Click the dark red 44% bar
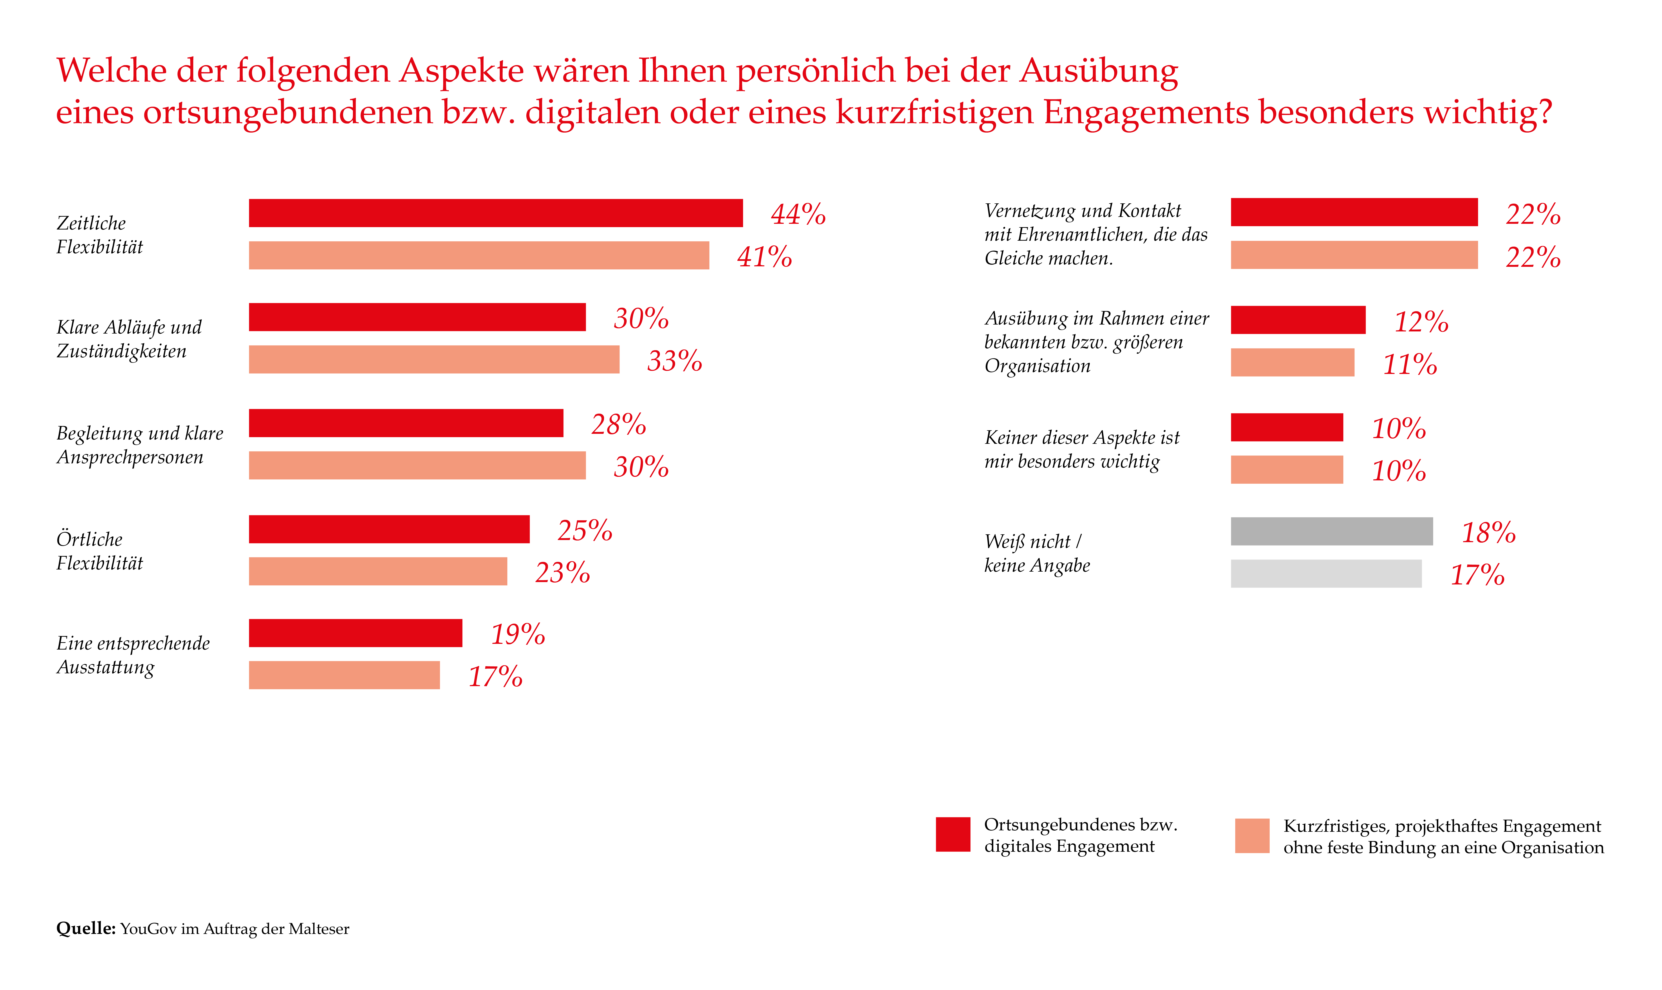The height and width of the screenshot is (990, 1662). pos(496,213)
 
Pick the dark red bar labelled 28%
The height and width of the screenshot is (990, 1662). pos(406,423)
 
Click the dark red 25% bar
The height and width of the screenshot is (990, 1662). pos(389,529)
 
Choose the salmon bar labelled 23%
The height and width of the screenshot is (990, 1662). pos(378,571)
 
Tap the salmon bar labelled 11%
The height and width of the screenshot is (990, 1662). pos(1292,362)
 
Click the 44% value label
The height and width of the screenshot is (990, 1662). pos(798,214)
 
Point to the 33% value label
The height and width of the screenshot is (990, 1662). pos(675,361)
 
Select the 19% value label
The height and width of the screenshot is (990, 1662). pos(518,634)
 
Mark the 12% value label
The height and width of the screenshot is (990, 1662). pos(1421,321)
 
